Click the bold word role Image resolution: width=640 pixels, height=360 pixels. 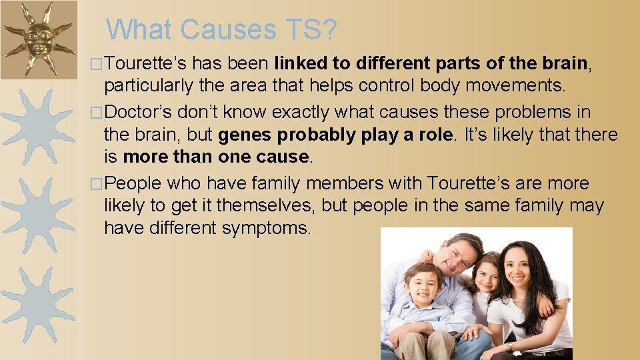(434, 135)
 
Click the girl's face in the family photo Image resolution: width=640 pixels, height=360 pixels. (487, 275)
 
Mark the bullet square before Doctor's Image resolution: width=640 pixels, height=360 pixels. (99, 111)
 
